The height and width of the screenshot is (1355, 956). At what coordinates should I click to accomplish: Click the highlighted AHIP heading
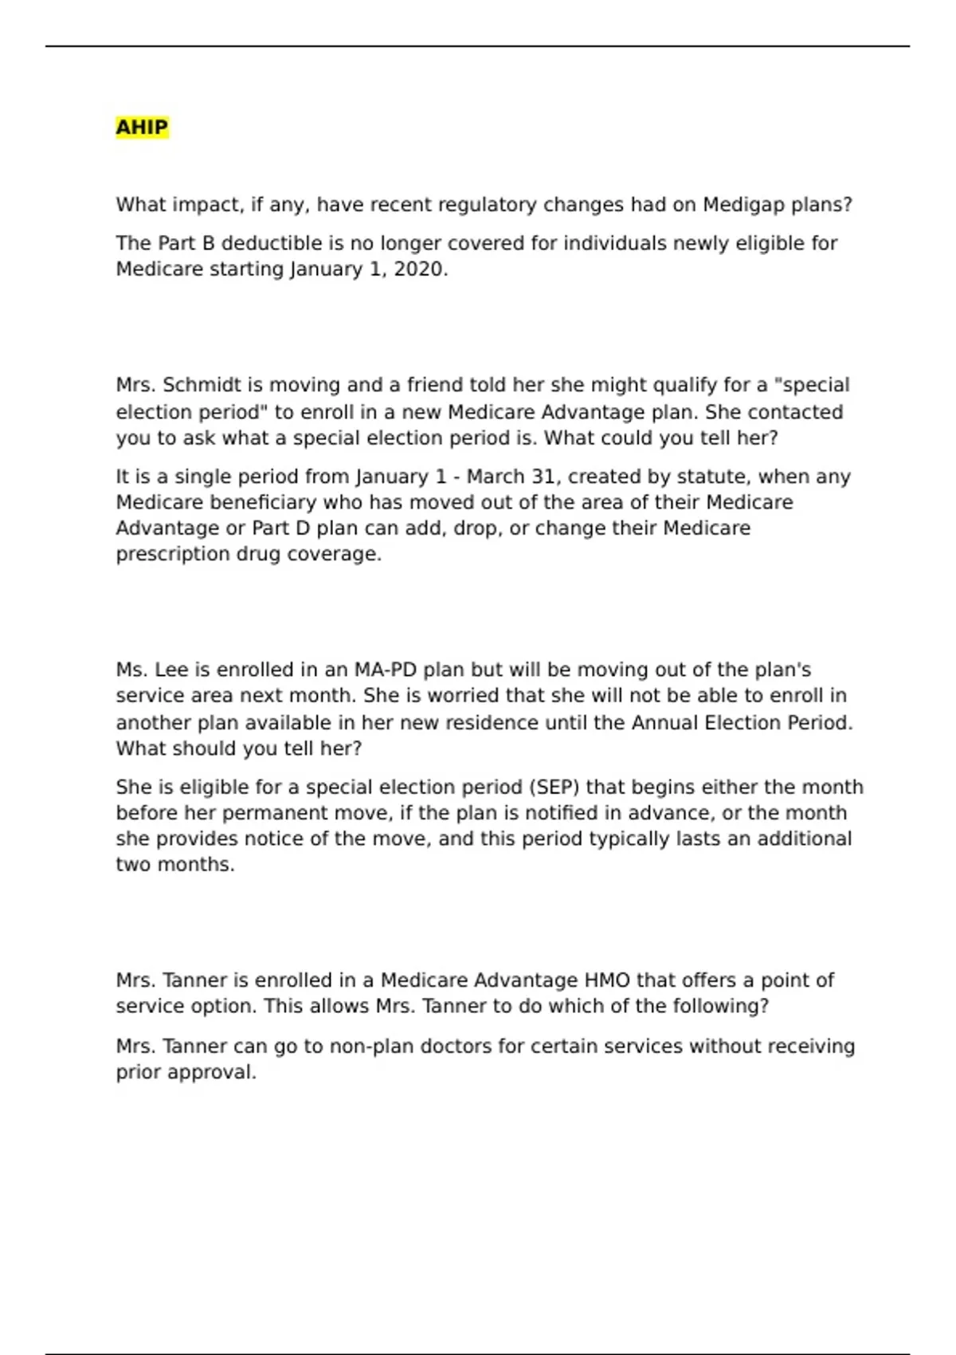(x=142, y=128)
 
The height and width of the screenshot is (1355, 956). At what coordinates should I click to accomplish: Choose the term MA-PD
(x=386, y=670)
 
